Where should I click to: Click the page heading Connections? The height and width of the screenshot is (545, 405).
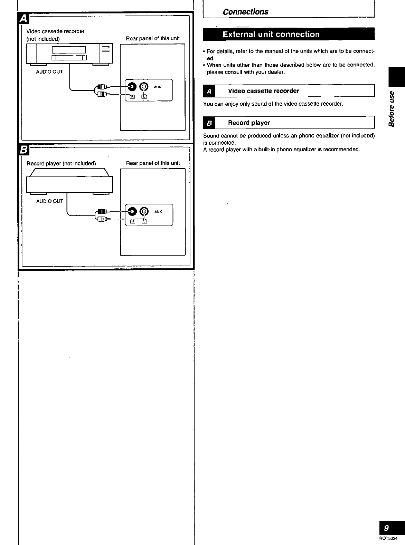point(245,12)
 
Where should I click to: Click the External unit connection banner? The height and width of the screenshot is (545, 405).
point(271,35)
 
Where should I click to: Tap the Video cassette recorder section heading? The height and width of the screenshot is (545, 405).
point(263,91)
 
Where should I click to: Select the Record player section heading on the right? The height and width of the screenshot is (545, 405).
point(249,123)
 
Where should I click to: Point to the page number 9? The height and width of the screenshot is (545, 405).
point(386,528)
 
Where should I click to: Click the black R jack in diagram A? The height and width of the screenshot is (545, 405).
point(132,87)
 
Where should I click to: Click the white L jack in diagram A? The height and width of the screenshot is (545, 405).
point(144,87)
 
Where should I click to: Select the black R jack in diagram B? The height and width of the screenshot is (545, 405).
point(132,211)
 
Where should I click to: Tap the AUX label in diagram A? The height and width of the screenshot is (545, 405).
point(158,87)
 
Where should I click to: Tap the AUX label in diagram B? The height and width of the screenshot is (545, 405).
point(158,212)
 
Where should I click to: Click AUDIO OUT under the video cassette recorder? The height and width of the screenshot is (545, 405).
point(50,72)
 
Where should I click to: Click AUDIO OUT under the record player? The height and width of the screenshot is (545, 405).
point(50,201)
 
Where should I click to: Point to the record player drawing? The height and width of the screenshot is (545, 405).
point(69,181)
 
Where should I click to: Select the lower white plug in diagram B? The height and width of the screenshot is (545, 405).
point(103,219)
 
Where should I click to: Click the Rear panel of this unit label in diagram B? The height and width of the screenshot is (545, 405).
point(153,163)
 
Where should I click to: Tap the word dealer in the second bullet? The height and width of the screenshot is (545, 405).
point(275,72)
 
